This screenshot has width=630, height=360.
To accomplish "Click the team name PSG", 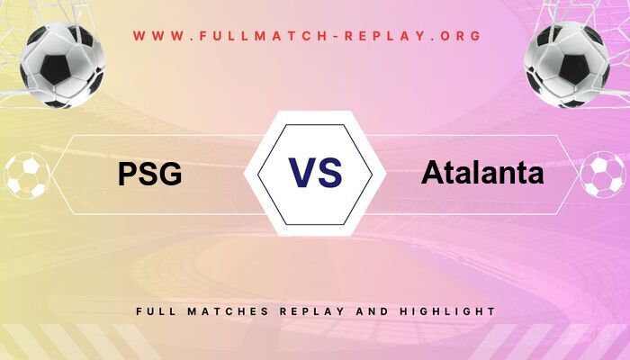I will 149,173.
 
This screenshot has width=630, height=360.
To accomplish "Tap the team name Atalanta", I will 482,172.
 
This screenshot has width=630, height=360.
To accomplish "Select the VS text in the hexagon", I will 315,171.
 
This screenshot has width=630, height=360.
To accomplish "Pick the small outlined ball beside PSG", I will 27,175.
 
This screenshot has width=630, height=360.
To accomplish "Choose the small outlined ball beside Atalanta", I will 603,175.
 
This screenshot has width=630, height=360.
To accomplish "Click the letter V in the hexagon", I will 301,171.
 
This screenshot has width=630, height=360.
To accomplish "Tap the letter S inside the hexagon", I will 330,171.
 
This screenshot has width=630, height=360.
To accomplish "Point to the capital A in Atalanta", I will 430,172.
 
